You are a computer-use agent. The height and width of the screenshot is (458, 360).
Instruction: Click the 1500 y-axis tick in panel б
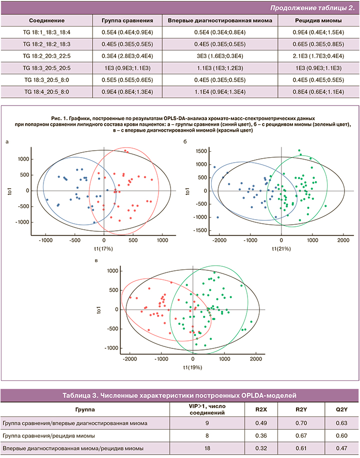point(200,151)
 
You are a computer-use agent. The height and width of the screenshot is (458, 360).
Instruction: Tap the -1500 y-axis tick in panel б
point(199,231)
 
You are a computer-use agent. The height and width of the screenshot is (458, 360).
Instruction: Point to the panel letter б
point(185,143)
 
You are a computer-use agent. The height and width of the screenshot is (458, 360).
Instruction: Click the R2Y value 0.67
point(300,435)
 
